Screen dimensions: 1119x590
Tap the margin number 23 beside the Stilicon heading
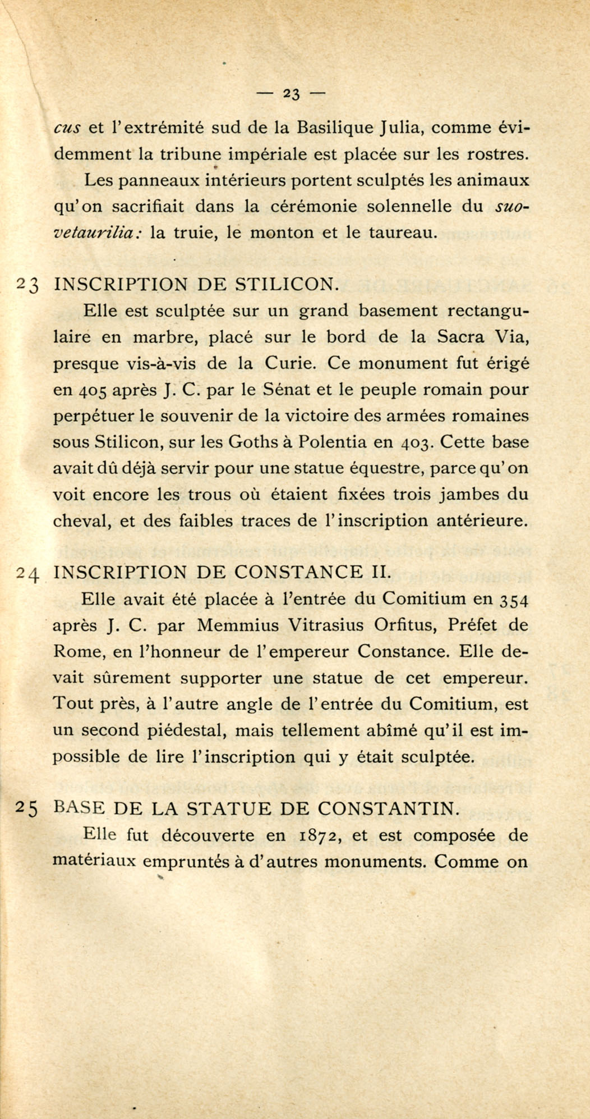(27, 285)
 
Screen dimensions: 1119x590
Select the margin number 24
(27, 573)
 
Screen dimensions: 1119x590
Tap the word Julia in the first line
(398, 128)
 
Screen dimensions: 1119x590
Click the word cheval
(81, 521)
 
